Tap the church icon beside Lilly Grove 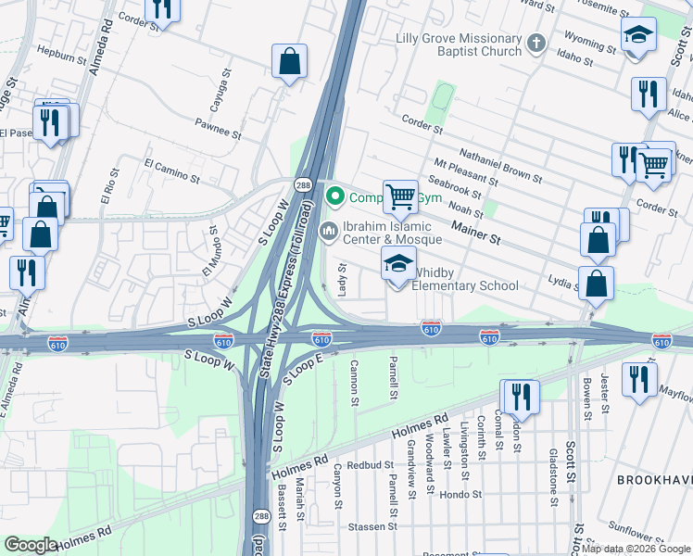tap(535, 44)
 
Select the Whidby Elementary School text tap(465, 279)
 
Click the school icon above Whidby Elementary tap(399, 265)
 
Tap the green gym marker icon tap(334, 196)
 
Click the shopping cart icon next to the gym tap(400, 196)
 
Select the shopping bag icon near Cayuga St tap(290, 62)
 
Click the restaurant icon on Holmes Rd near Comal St tap(520, 397)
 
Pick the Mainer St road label tap(475, 232)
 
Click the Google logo tap(31, 544)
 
